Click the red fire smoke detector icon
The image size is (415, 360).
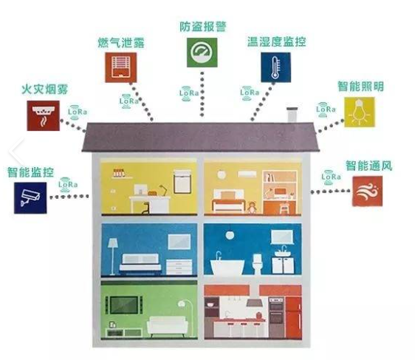coord(43,115)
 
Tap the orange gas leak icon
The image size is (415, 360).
coord(121,67)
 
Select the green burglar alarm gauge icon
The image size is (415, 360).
coord(202,52)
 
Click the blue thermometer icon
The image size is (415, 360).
coord(275,67)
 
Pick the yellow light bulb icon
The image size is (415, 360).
coord(359,112)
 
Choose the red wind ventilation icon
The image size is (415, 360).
coord(367,191)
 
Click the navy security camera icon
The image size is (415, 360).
coord(30,198)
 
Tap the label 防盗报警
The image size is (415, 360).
coord(203,27)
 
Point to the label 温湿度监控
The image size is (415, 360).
coord(277,41)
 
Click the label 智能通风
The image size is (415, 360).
coord(368,166)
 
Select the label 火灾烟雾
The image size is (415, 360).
coord(45,89)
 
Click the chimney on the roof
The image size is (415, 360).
coord(292,115)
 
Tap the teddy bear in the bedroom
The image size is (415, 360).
coord(252,207)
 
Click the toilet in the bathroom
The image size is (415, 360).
coord(257,264)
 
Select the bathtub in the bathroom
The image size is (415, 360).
coord(227,268)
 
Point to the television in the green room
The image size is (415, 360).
coord(124,305)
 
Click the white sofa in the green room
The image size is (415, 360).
coord(168,326)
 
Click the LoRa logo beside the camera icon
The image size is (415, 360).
coord(68,184)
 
